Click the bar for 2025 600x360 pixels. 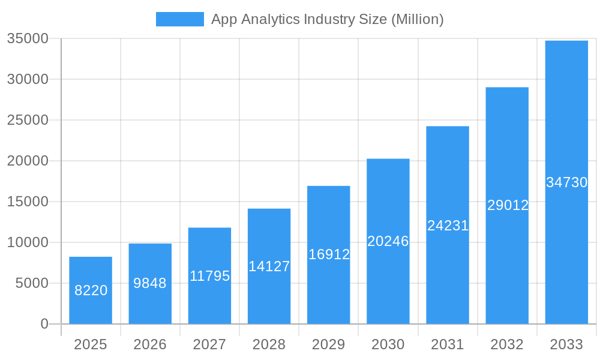coord(91,290)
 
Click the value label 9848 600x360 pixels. coord(150,283)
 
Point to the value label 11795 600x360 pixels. coord(209,276)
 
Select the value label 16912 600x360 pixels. coord(329,254)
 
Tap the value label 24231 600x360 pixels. coord(448,226)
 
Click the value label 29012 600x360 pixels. coord(508,205)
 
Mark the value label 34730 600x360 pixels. coord(566,182)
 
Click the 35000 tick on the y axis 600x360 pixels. coord(28,38)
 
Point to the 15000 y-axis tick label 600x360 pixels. coord(28,202)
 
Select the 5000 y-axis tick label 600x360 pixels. coord(31,283)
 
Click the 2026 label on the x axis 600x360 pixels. coord(150,344)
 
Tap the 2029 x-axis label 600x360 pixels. coord(329,344)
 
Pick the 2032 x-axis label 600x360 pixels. coord(507,344)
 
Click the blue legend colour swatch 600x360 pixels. coord(179,19)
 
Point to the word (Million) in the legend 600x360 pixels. coord(417,19)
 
